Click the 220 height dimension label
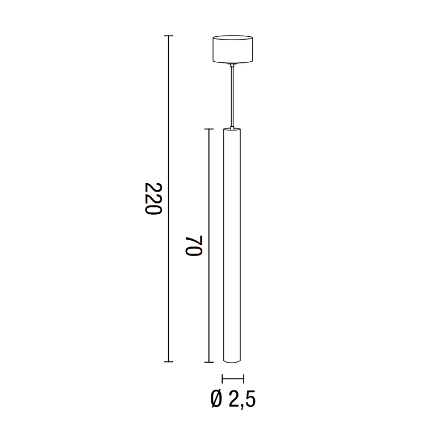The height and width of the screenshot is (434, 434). tap(154, 198)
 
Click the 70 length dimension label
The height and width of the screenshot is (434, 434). tap(194, 244)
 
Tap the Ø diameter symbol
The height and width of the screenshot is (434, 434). tap(216, 399)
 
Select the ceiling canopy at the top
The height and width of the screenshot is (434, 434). tap(232, 50)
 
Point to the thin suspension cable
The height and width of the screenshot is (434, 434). tap(232, 93)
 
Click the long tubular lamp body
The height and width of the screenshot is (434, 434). tap(233, 244)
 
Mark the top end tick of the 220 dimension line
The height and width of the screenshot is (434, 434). tap(168, 36)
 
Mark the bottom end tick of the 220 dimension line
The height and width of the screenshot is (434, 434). tap(168, 361)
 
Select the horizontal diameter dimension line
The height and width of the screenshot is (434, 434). tap(233, 378)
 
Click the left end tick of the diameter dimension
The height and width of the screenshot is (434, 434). tap(223, 378)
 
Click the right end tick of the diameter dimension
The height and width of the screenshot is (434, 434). tap(244, 378)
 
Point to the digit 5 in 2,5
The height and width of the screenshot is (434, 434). tap(250, 399)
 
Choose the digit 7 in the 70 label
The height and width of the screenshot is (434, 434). tap(194, 252)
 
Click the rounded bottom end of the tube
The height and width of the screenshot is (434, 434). tap(233, 360)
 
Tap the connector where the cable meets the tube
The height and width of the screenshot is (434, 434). tap(232, 127)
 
